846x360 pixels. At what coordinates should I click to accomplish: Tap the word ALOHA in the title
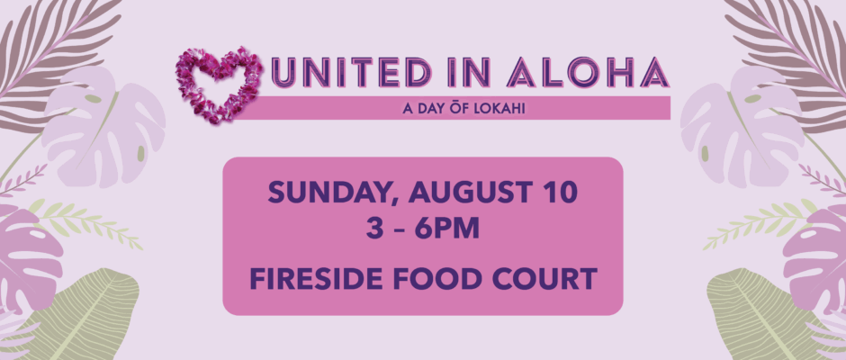click(588, 73)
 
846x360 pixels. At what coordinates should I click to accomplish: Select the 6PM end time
click(446, 229)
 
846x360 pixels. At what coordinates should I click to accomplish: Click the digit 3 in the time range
click(373, 229)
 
